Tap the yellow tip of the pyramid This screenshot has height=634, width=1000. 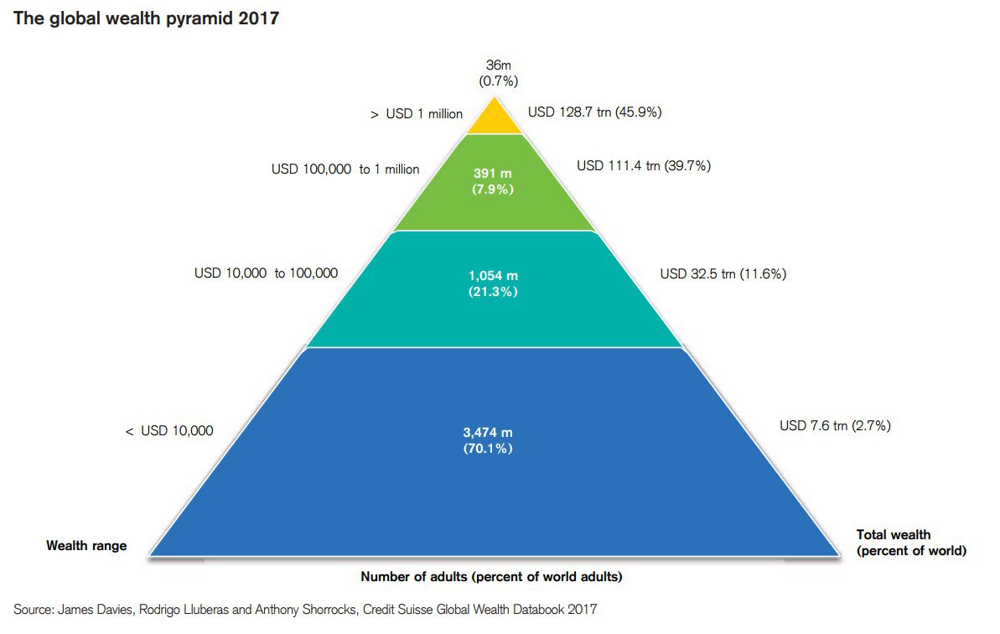(494, 120)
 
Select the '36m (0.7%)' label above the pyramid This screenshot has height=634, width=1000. (498, 74)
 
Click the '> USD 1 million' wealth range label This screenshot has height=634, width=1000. (417, 114)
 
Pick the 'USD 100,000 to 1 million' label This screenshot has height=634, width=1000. (345, 169)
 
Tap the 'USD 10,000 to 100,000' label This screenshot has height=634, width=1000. (267, 273)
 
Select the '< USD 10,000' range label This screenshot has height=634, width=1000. (169, 431)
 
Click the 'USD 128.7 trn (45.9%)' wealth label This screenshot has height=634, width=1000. (595, 112)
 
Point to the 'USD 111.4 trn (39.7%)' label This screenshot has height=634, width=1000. (644, 166)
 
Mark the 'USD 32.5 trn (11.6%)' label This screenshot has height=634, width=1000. (723, 273)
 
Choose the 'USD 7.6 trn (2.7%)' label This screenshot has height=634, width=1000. (835, 426)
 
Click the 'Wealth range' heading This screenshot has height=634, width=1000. (86, 546)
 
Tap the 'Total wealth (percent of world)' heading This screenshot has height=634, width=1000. (911, 543)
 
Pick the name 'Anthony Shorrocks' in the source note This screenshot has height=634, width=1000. (310, 610)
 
